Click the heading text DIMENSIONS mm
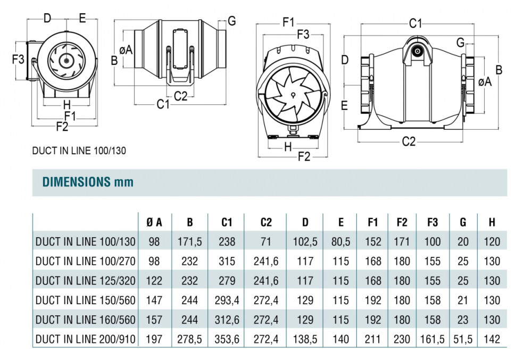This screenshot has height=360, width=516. pos(88,182)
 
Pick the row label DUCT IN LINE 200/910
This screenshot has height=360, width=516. pos(85,339)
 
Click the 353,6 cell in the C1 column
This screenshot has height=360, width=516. pos(227,339)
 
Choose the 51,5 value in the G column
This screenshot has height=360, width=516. pos(463,339)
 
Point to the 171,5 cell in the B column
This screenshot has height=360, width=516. pos(190,242)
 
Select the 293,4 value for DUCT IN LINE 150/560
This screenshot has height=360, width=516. pos(227,300)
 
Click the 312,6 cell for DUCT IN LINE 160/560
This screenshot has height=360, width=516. pos(227,320)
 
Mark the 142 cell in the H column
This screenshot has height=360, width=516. pos(492,339)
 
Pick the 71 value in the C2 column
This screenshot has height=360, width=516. pos(266,242)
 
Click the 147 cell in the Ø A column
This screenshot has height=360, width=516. pos(154,300)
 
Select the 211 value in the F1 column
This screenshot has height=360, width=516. pos(373,339)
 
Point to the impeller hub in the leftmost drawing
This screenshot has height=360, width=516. pos(66,61)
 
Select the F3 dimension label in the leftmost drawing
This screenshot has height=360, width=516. pos(19,59)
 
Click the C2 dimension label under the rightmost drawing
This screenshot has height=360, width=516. pos(408,141)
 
